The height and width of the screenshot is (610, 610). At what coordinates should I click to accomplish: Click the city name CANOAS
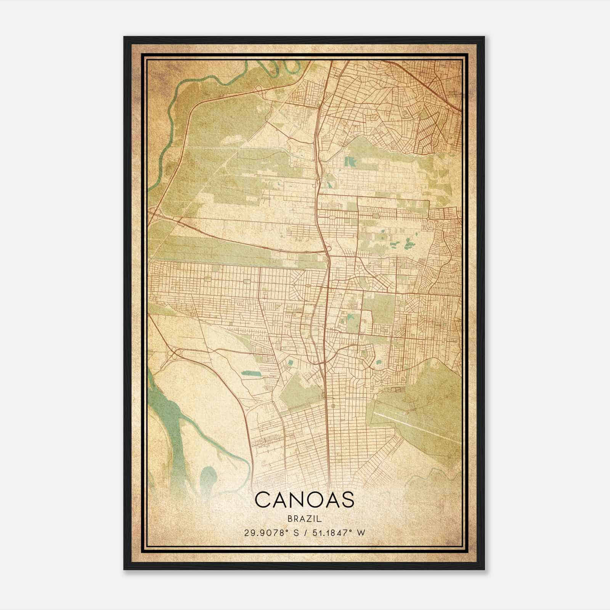pyautogui.click(x=304, y=500)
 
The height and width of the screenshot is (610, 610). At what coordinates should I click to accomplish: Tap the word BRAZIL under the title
pyautogui.click(x=304, y=519)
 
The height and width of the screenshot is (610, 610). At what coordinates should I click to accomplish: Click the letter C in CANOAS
pyautogui.click(x=263, y=500)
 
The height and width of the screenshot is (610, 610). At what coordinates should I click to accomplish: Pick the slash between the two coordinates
pyautogui.click(x=305, y=533)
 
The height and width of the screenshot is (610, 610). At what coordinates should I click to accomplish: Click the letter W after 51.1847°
pyautogui.click(x=361, y=533)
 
